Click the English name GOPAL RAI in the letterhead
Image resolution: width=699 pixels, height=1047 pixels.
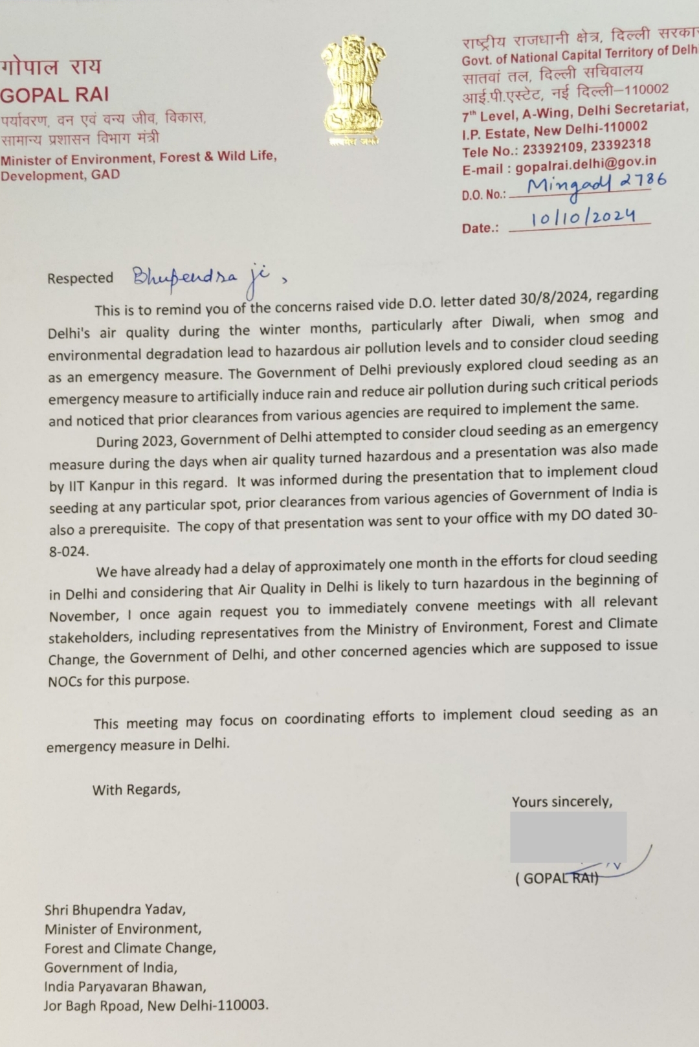coord(54,95)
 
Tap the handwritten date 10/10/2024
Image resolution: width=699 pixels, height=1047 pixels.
coord(582,217)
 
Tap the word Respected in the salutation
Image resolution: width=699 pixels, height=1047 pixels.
coord(80,278)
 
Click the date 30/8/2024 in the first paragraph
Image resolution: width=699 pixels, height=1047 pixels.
coord(554,298)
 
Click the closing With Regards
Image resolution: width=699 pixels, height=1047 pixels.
coord(136,789)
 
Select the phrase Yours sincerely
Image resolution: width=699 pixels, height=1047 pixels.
coord(562,802)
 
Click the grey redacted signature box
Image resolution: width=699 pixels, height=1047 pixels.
coord(568,837)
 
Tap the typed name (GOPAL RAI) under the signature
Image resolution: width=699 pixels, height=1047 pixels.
coord(557,879)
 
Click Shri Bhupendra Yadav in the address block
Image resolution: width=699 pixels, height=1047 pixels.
coord(115,910)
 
